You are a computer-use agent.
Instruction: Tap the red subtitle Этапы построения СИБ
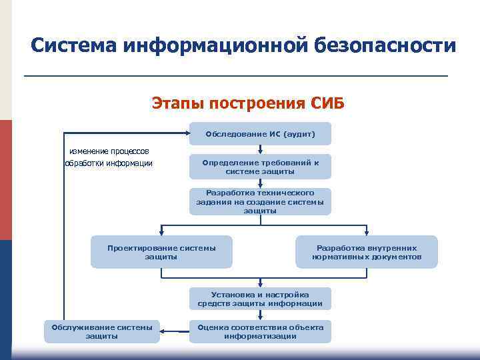[x=248, y=103]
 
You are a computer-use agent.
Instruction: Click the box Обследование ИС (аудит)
[x=260, y=134]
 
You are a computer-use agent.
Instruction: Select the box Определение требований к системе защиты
[x=260, y=167]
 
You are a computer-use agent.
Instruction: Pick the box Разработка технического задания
[x=260, y=201]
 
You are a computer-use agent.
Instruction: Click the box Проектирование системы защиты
[x=161, y=252]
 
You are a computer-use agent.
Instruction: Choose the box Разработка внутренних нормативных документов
[x=367, y=252]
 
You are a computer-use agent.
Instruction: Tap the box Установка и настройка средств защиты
[x=260, y=299]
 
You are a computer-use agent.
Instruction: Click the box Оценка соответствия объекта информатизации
[x=260, y=331]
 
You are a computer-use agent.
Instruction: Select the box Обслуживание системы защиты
[x=102, y=331]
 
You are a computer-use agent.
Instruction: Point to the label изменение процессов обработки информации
[x=109, y=157]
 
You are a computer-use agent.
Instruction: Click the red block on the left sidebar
[x=5, y=180]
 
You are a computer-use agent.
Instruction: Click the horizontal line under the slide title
[x=235, y=77]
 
